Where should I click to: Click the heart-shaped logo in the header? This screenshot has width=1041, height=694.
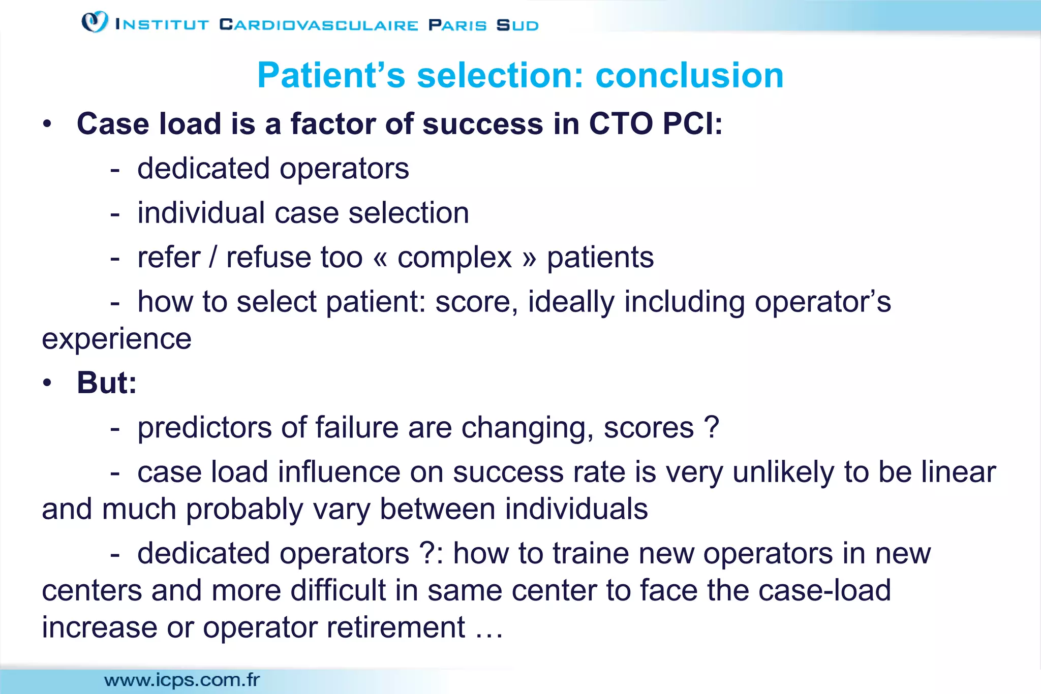point(95,22)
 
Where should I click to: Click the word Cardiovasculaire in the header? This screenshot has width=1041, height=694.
point(319,25)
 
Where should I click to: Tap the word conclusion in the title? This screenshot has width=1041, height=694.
point(689,75)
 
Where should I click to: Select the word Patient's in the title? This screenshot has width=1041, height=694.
point(331,75)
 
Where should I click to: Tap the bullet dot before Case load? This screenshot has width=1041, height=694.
point(47,124)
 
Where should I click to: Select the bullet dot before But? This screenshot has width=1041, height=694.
point(47,383)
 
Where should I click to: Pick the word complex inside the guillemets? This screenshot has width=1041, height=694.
point(454,258)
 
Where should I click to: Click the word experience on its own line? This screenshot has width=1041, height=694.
point(116,339)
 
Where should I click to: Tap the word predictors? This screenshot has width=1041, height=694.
point(204,427)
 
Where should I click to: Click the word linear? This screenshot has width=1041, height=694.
point(959,472)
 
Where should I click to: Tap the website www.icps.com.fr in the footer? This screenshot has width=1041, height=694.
point(182,680)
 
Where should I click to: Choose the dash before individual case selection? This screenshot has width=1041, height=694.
point(115,213)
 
